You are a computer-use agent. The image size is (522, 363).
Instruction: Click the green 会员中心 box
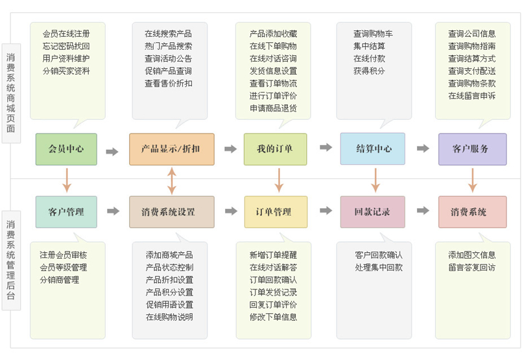click(66, 149)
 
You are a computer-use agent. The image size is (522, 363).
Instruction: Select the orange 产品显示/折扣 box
click(172, 149)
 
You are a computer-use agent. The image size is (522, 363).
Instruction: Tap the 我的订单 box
click(276, 149)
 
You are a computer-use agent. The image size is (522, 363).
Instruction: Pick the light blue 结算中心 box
click(373, 148)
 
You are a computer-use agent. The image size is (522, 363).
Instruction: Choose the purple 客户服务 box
click(473, 149)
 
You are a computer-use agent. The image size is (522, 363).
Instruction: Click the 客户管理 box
click(66, 212)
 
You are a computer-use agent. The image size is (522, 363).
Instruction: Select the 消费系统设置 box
click(172, 212)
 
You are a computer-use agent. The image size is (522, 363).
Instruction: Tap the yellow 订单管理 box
click(276, 212)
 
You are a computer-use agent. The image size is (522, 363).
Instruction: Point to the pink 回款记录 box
click(373, 212)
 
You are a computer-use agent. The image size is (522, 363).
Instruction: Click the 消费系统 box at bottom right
click(473, 212)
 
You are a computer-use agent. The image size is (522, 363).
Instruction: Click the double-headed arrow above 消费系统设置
click(172, 181)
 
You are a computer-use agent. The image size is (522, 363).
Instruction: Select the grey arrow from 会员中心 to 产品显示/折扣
click(112, 152)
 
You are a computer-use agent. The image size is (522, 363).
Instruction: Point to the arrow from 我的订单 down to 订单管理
click(279, 180)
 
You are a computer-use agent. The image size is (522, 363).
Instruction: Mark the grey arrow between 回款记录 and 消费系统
click(423, 210)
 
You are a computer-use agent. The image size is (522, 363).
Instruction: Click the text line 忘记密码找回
click(66, 46)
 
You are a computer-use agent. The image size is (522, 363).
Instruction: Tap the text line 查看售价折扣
click(169, 83)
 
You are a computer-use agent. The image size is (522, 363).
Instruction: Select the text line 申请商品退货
click(273, 108)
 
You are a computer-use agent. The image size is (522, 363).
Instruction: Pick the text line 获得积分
click(369, 71)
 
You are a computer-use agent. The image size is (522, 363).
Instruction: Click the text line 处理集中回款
click(379, 267)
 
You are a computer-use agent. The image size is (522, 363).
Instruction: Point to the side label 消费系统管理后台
click(11, 260)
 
